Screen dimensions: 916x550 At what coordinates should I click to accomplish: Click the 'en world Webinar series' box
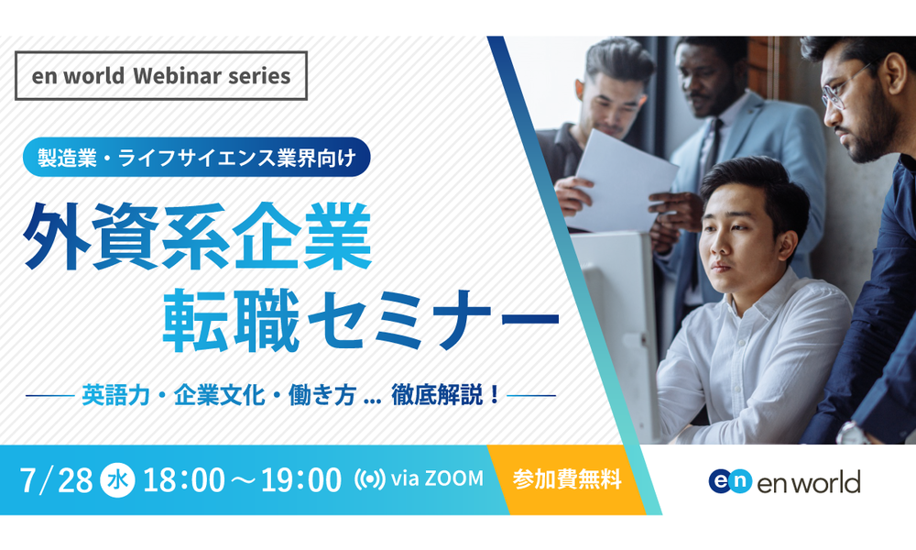pos(161,76)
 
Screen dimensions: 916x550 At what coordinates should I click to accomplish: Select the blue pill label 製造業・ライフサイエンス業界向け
pos(196,158)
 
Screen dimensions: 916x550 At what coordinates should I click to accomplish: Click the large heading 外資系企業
pos(198,236)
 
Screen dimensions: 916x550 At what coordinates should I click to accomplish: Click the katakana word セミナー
pos(433,320)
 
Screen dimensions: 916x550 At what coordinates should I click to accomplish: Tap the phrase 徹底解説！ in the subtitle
pos(446,395)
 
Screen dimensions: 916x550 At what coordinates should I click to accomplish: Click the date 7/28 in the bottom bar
pos(56,479)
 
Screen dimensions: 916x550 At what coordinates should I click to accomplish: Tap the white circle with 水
pos(118,479)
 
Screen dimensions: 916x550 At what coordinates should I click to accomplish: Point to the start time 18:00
pos(183,479)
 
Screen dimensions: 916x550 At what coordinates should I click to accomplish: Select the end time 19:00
pos(300,479)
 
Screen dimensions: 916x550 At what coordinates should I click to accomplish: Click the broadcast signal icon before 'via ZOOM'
pos(369,479)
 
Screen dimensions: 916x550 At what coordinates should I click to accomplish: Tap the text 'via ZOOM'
pos(437,478)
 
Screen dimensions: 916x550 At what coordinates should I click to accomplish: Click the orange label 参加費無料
pos(567,479)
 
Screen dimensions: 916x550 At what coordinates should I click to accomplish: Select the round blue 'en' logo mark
pos(730,481)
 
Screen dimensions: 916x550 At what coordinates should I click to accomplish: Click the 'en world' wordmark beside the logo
pos(809,482)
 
